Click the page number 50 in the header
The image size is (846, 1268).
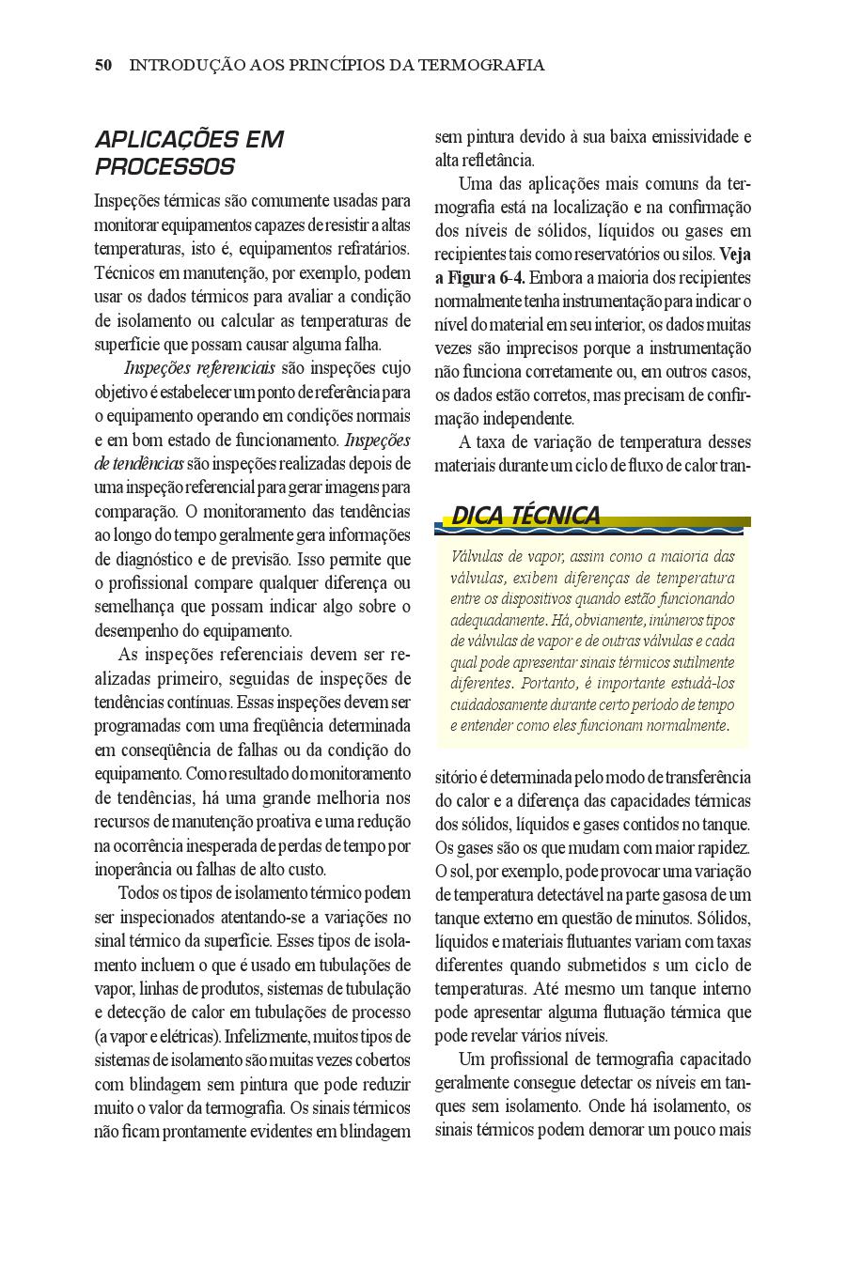pyautogui.click(x=103, y=65)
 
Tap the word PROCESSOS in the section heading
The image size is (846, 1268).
pyautogui.click(x=164, y=167)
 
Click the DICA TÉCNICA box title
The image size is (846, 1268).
pyautogui.click(x=525, y=516)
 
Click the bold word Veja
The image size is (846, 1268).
pyautogui.click(x=735, y=255)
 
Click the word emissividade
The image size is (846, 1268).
pyautogui.click(x=692, y=137)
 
